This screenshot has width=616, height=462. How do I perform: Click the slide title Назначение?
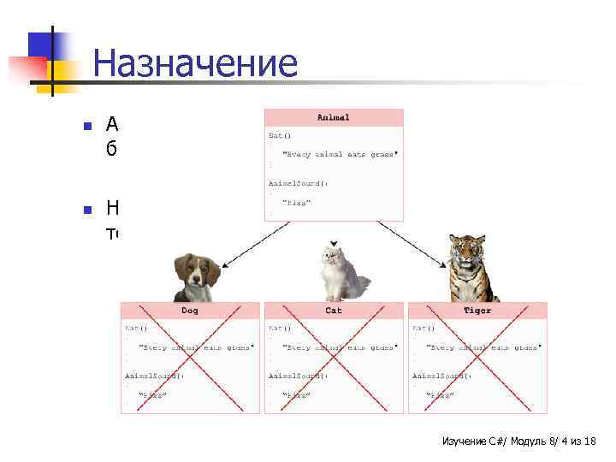point(195,64)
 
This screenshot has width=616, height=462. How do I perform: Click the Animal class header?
point(333,117)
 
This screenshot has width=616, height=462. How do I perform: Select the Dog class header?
point(189,310)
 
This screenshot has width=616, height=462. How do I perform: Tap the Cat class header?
point(333,310)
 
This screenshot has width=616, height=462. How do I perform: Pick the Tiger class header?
point(477,310)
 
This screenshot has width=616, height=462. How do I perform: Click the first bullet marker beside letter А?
point(86,126)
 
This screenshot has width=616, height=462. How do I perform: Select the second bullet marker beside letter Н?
point(86,209)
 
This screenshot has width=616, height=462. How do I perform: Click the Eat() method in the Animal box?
point(281,134)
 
